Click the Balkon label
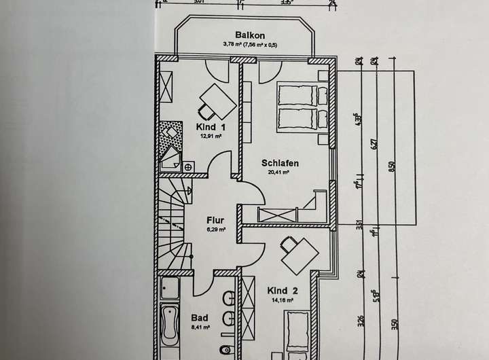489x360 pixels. click(249, 35)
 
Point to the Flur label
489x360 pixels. click(216, 220)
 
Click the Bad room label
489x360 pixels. click(199, 317)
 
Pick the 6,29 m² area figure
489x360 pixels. click(216, 230)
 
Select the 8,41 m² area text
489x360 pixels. click(199, 326)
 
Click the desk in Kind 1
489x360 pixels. click(217, 100)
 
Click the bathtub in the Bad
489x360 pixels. click(169, 324)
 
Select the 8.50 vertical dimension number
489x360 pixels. click(391, 166)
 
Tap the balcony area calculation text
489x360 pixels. click(249, 45)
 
